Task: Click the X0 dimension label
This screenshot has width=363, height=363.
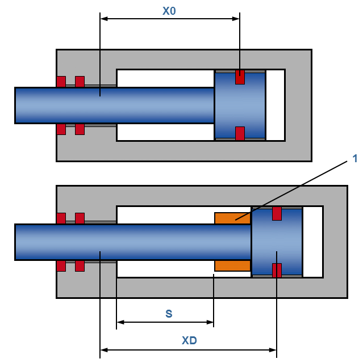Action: click(x=169, y=11)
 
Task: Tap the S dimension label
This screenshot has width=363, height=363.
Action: click(x=169, y=314)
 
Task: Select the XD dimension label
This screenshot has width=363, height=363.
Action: click(x=189, y=341)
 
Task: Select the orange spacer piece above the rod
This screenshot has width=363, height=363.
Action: click(x=232, y=218)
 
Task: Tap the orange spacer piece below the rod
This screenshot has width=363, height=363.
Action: click(x=232, y=265)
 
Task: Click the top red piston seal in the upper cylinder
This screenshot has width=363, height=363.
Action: click(x=240, y=77)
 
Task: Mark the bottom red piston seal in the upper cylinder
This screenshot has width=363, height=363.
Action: click(x=240, y=133)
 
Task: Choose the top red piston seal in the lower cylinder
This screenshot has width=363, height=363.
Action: click(x=277, y=213)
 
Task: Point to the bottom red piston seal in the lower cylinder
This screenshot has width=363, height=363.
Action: click(x=277, y=271)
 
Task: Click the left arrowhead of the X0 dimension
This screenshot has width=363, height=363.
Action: click(x=103, y=19)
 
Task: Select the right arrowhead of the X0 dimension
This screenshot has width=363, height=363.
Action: click(x=236, y=19)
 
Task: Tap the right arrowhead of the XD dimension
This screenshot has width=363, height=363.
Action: click(x=273, y=350)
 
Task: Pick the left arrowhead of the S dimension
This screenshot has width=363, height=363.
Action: click(x=120, y=322)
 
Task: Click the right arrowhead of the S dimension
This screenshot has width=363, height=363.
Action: click(x=210, y=322)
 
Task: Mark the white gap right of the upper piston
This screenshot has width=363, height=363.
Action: click(x=275, y=105)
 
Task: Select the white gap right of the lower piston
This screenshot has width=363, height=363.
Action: click(x=312, y=242)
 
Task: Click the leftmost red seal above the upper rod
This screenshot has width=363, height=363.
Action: click(x=61, y=81)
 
